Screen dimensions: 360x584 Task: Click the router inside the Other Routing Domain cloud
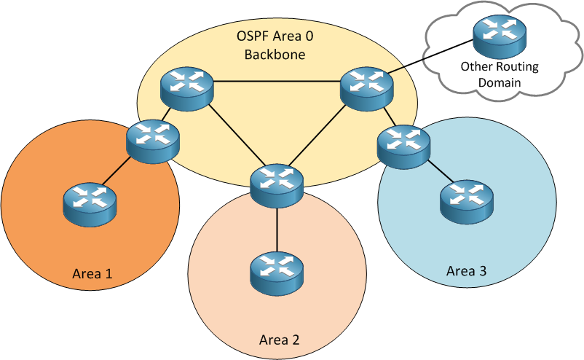[x=498, y=37]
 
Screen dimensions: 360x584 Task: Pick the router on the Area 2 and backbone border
[x=276, y=184]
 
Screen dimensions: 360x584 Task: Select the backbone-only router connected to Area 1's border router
[x=187, y=86]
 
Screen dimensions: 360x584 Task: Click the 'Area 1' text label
[x=92, y=274]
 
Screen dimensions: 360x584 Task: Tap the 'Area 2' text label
[x=280, y=340]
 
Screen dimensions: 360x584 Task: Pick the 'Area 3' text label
[x=466, y=272]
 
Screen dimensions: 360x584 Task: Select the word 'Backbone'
[x=275, y=54]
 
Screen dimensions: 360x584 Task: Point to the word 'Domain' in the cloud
[x=499, y=82]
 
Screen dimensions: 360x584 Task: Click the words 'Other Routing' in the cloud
[x=499, y=67]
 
